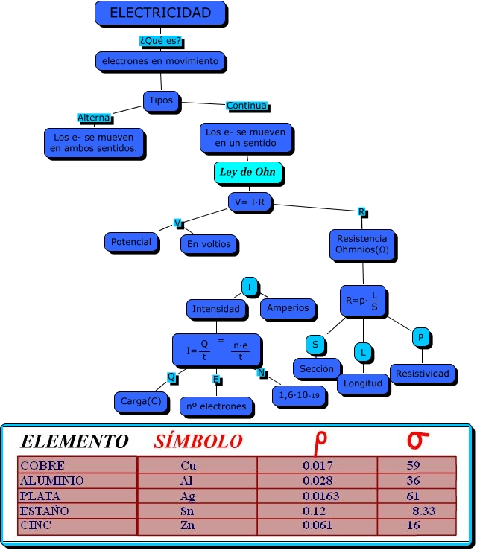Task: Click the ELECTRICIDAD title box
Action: click(160, 13)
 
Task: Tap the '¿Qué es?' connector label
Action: click(161, 40)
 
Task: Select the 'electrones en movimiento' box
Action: click(160, 61)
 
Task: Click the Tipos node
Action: click(160, 100)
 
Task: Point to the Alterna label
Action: click(94, 118)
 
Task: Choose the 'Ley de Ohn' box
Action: click(247, 173)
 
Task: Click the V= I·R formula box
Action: click(249, 202)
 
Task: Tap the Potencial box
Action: click(130, 242)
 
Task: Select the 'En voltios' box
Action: click(209, 243)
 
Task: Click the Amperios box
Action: click(287, 307)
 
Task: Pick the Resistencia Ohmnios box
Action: click(362, 244)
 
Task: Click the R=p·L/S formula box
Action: click(363, 301)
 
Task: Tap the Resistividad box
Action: click(423, 373)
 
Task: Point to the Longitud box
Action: click(363, 383)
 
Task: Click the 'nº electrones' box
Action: click(216, 406)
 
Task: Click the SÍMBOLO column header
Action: click(198, 441)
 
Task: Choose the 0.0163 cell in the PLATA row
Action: click(320, 496)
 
